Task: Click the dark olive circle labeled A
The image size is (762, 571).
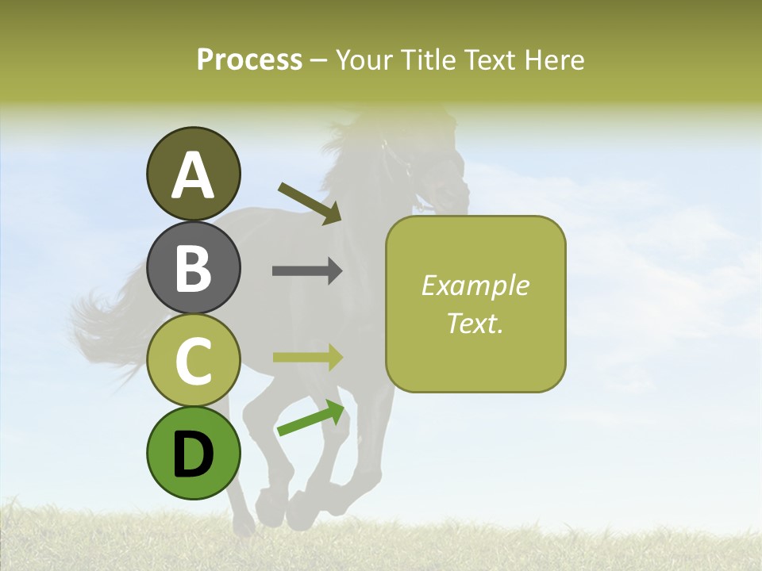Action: click(x=193, y=174)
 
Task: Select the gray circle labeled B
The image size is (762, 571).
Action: click(x=193, y=267)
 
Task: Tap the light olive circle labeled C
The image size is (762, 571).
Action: click(x=193, y=360)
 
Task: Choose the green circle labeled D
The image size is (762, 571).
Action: click(x=193, y=453)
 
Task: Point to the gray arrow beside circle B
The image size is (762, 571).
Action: click(x=307, y=271)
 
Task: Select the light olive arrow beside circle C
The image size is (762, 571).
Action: click(x=307, y=357)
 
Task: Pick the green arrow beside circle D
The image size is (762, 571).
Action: click(x=310, y=418)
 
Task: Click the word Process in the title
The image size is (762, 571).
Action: click(x=249, y=59)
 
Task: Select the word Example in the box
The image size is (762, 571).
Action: click(x=475, y=285)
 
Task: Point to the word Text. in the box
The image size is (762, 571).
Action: click(x=475, y=323)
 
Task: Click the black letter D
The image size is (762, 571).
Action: click(x=193, y=454)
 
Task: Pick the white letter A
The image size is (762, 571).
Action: click(x=193, y=174)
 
